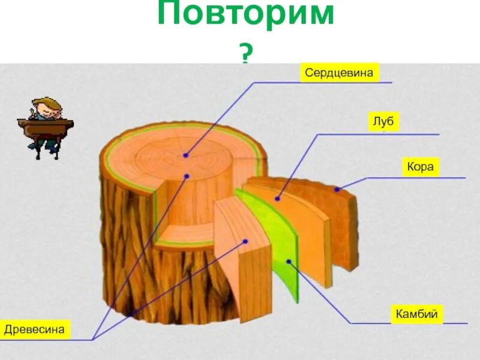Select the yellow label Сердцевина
pos(340,73)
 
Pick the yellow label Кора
pos(420,167)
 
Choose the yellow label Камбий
pos(417,314)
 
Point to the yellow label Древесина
pos(34,329)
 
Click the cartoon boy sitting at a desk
pos(46,127)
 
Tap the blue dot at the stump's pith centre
pos(186,155)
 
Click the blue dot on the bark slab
pos(337,190)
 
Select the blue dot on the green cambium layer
pos(289,261)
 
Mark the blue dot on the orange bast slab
pos(278,198)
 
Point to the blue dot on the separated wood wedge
pos(245,241)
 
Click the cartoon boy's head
pos(48,109)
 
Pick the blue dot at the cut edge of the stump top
pos(187,176)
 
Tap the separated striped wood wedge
pos(243,264)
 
